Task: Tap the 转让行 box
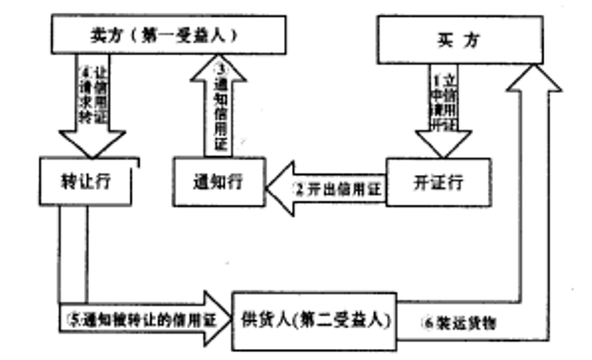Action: point(87,181)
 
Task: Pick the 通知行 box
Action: point(218,183)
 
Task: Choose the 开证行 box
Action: point(437,183)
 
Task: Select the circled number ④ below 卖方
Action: point(88,65)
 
